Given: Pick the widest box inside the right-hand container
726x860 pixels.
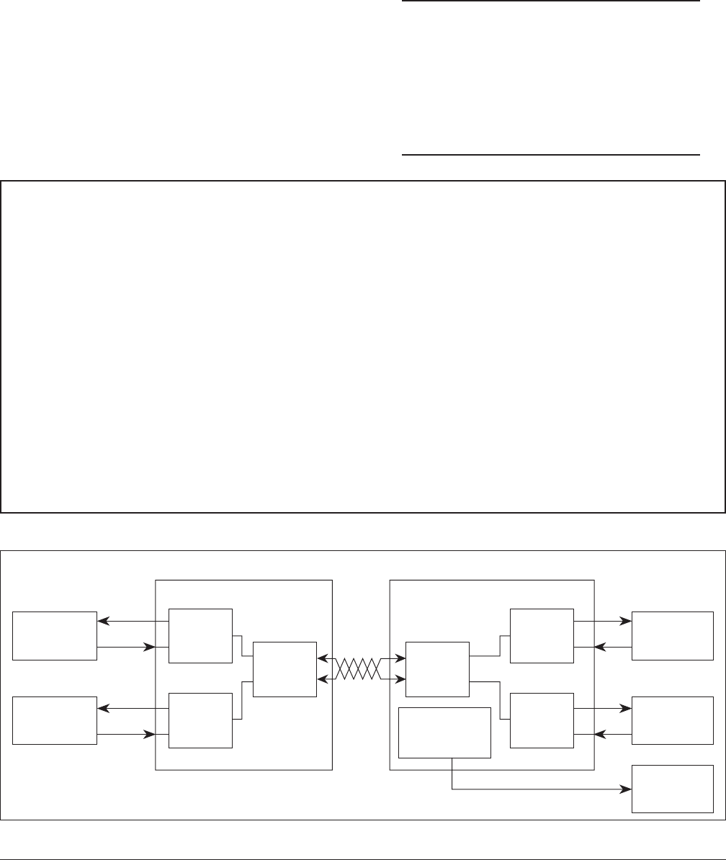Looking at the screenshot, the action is (x=444, y=733).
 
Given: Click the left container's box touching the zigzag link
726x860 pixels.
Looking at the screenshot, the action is (x=284, y=669).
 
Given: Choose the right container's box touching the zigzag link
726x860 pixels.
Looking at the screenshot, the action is (x=437, y=669).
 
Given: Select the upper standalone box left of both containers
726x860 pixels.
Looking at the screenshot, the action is (x=55, y=635).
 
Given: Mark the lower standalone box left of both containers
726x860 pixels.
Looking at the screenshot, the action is (x=55, y=720).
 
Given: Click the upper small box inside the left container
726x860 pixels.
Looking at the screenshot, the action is (x=200, y=635).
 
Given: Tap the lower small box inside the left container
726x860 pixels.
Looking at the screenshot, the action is (x=200, y=720).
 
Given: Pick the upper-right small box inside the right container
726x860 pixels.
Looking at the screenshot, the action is (x=542, y=635).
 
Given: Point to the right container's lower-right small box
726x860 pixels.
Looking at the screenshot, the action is (x=542, y=720).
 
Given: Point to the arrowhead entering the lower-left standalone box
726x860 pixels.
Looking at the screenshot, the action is (x=102, y=708).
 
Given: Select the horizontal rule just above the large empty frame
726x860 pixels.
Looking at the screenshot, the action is (x=550, y=154).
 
